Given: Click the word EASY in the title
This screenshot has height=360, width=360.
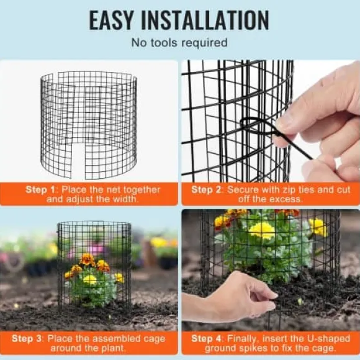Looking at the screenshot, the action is point(111,20).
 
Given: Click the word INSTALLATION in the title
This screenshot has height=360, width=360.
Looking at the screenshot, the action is point(205,20).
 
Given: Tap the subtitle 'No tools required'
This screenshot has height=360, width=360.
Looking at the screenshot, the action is point(179,43).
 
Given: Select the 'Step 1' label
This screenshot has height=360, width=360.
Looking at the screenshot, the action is point(40,190).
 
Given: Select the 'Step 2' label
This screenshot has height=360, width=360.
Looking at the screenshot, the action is point(206,190).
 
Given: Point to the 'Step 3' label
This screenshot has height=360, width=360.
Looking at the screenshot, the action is point(27,338).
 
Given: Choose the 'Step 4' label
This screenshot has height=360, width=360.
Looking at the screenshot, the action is point(206,338).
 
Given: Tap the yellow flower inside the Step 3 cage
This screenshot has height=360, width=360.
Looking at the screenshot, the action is point(90,279).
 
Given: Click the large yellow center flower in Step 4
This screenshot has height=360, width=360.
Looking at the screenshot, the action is point(262,230).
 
